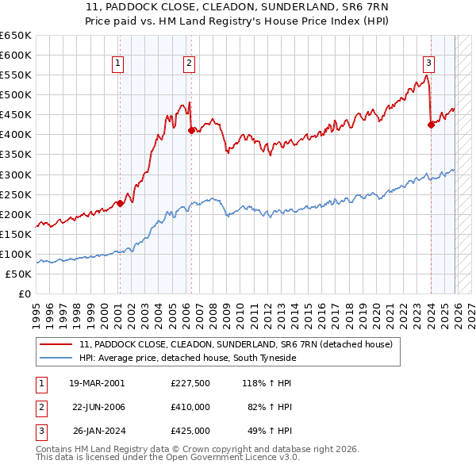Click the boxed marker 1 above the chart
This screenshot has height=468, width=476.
point(117,64)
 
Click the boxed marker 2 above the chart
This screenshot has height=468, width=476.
point(190,64)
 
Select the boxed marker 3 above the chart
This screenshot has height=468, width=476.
point(428,64)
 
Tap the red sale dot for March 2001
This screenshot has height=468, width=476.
point(120,203)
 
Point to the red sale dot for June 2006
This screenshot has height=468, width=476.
point(191,131)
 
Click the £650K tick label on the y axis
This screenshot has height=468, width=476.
point(16,36)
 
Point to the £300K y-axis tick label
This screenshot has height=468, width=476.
point(16,175)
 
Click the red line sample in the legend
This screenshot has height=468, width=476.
point(56,345)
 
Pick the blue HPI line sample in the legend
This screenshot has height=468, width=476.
point(56,359)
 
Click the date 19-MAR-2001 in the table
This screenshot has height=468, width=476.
point(97,383)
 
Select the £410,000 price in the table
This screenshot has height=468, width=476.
point(190,407)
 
